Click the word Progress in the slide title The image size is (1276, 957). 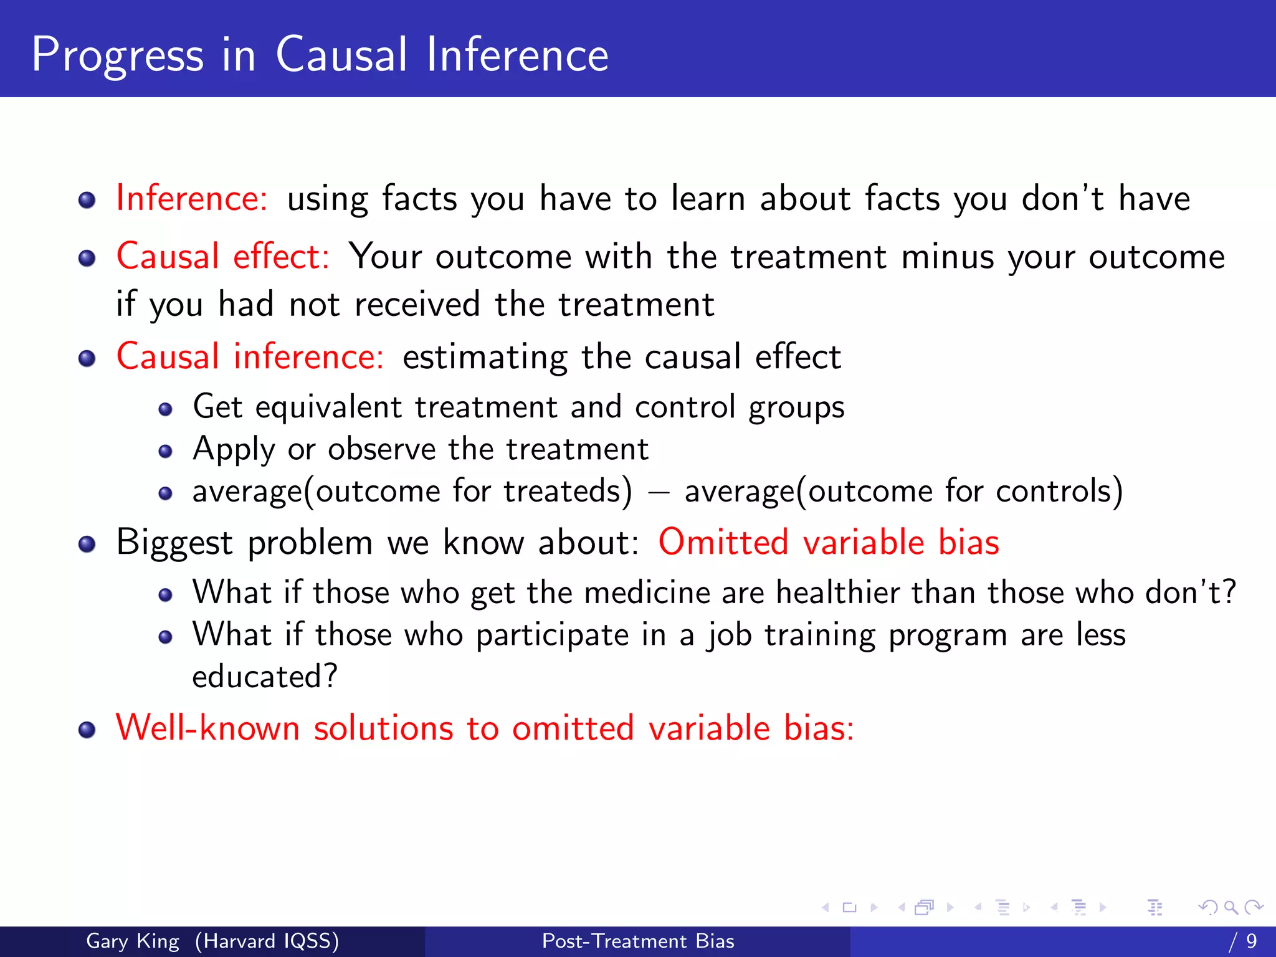click(117, 56)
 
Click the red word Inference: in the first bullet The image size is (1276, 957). click(191, 199)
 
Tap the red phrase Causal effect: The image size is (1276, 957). click(222, 257)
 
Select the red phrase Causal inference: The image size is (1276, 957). click(250, 357)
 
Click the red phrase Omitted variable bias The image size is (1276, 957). click(829, 542)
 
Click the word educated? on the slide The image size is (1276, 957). click(265, 677)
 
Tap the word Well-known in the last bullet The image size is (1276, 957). click(207, 728)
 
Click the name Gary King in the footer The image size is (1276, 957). click(132, 941)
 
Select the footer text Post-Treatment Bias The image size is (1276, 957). click(638, 941)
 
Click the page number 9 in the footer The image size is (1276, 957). click(1251, 941)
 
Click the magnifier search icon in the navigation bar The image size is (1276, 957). click(1231, 908)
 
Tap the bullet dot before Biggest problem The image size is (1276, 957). click(87, 544)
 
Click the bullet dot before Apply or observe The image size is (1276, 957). click(165, 451)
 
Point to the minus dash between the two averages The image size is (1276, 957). click(659, 492)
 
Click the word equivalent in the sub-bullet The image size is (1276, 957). click(328, 407)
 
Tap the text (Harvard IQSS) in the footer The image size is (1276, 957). click(267, 941)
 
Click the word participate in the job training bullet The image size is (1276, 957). click(552, 636)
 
